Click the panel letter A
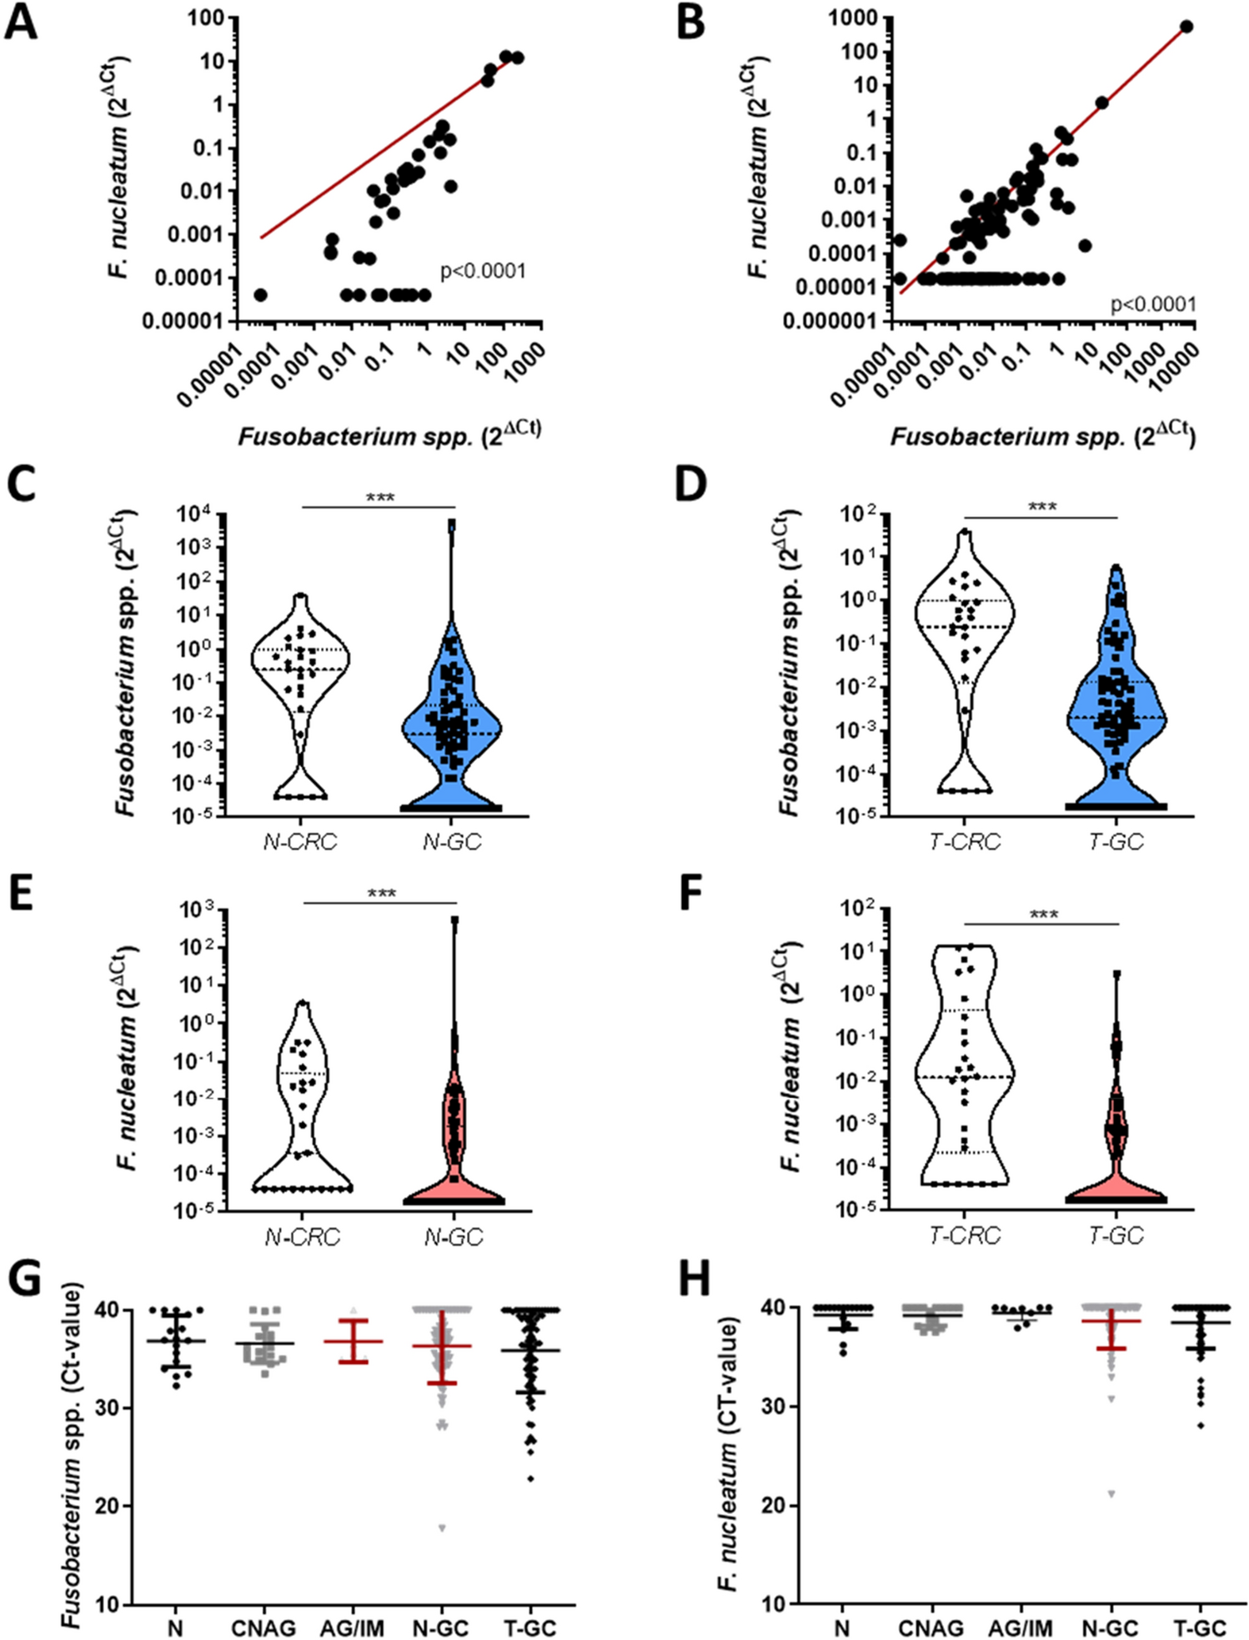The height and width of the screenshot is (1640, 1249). pos(21,22)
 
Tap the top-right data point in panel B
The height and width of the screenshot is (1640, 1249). pos(1186,28)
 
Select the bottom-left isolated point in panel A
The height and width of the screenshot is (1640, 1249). pos(260,295)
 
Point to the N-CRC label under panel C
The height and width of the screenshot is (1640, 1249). pos(300,842)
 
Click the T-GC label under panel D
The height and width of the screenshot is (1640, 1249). pos(1116,842)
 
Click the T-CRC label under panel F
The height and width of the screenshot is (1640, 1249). pos(964,1236)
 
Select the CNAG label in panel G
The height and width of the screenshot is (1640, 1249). pos(263,1627)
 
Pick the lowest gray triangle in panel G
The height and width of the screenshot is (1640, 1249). pos(442,1528)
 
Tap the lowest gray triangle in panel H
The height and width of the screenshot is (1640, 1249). pos(1111,1493)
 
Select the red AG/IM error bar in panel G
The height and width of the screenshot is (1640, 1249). pos(353,1342)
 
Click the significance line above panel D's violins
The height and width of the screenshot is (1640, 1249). pos(1040,518)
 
